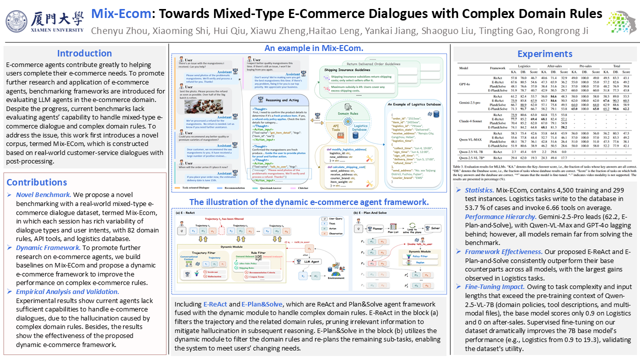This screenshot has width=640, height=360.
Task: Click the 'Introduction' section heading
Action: tap(84, 53)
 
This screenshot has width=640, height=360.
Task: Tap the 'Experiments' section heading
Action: tap(544, 54)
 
